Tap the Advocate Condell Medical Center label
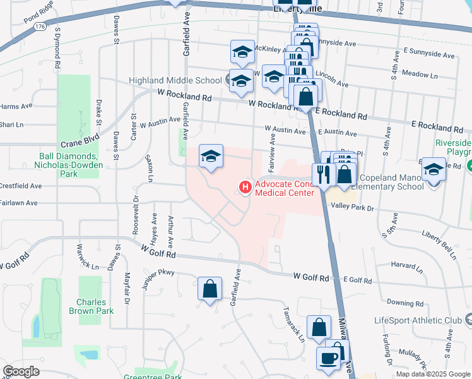point(284,188)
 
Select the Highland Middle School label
point(175,80)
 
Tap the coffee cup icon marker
point(328,358)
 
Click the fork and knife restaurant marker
point(324,174)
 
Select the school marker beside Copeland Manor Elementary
point(434,169)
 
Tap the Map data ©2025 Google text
point(432,374)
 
